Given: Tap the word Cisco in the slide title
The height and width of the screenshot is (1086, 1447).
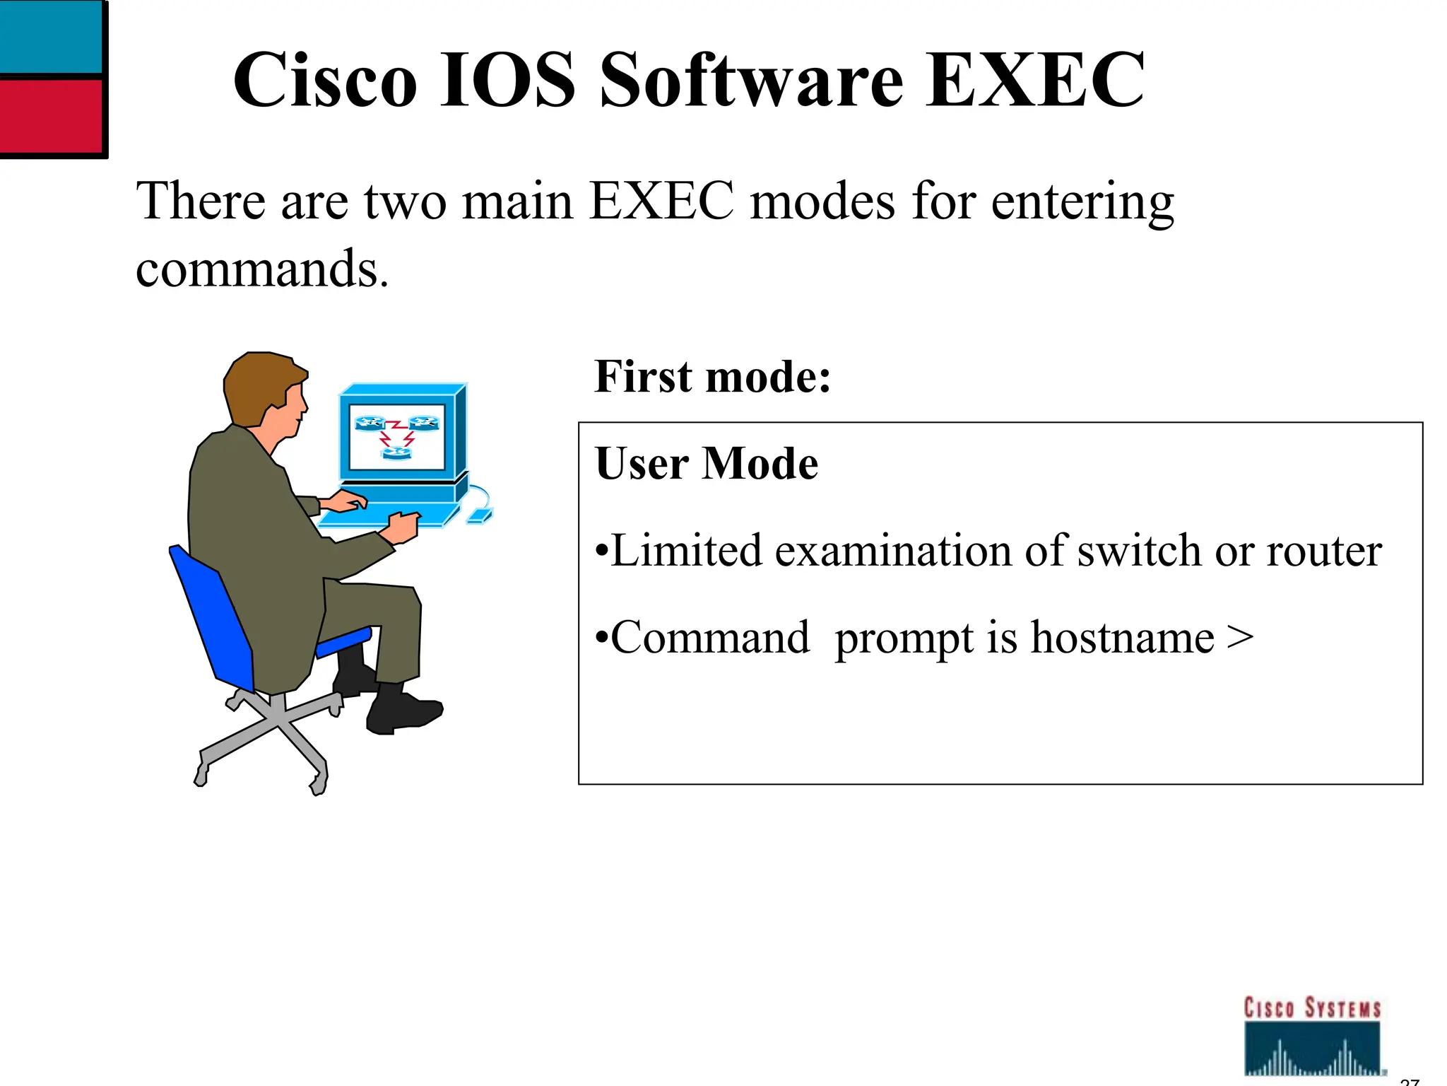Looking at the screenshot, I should [325, 79].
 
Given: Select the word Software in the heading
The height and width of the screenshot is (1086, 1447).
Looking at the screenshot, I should [751, 79].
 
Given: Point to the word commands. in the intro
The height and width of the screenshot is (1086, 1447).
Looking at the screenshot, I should [261, 270].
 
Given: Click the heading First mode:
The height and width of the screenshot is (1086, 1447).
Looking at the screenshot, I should [712, 376].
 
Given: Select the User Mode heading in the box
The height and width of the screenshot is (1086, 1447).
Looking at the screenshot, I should [707, 464].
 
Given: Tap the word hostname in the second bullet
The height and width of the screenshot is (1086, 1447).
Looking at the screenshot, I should [1122, 638].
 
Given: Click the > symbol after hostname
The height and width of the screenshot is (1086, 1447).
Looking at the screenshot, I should [1240, 638].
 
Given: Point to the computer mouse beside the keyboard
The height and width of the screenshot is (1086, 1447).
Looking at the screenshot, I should [480, 517].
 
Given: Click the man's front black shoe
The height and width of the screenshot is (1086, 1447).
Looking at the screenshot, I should [403, 711].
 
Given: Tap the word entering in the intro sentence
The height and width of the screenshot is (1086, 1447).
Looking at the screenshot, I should [1082, 202].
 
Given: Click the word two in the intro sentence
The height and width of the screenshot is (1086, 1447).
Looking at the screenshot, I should [405, 202].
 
